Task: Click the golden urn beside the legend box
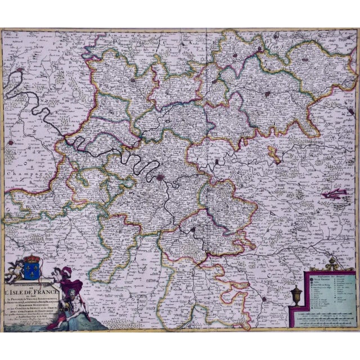coord(297,294)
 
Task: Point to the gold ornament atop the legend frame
coord(330,264)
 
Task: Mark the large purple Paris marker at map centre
coord(163,178)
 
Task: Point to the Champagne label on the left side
coord(20,175)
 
